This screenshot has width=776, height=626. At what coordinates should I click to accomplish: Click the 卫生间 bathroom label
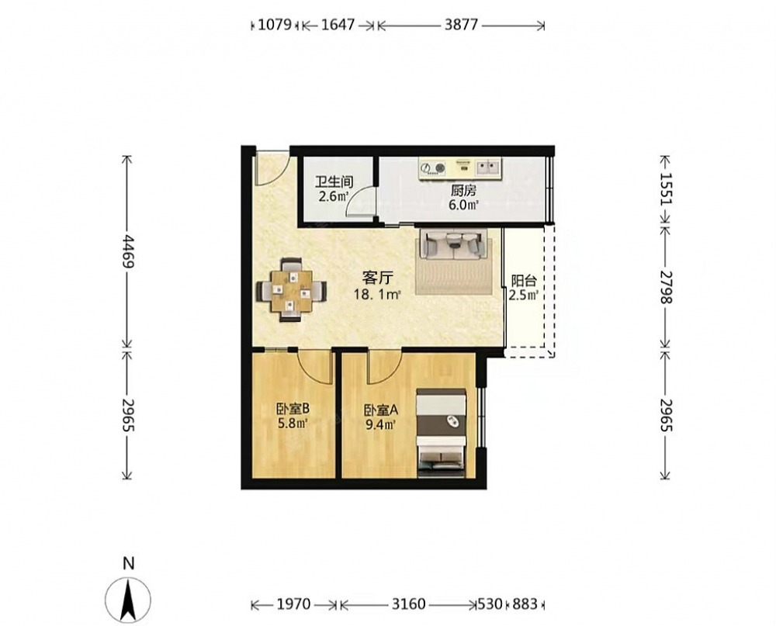coord(334,182)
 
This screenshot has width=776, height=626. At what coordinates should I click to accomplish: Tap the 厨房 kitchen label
coord(463,191)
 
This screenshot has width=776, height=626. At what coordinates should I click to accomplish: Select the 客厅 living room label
coord(376,278)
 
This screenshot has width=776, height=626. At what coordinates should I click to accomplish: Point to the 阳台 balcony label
coord(524,281)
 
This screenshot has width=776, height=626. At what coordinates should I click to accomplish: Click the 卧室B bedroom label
coord(293,409)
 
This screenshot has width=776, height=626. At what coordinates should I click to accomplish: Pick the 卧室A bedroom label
coord(381,410)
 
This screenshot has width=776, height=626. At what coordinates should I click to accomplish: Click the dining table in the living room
coord(292,290)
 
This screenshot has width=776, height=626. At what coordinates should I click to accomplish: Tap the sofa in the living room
coord(453,244)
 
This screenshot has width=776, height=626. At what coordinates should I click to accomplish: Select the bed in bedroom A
coord(441,434)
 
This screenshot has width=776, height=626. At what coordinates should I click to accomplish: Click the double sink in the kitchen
coord(488,167)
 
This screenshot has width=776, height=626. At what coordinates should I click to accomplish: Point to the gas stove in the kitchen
coord(432,168)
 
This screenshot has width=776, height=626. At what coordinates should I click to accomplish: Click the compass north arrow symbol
coord(128,600)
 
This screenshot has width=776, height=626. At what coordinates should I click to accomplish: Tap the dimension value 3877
coord(461,24)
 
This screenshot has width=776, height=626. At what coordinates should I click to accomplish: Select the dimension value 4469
coord(128,251)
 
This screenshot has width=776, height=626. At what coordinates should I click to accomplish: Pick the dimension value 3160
coord(408,604)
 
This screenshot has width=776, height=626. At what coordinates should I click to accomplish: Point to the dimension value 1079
coord(275,24)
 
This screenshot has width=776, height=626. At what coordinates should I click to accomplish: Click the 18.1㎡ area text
coord(376,295)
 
